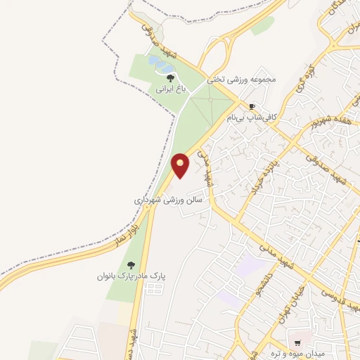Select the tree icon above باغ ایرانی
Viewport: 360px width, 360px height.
coord(171,78)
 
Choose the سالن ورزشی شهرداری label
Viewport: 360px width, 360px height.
coord(169,200)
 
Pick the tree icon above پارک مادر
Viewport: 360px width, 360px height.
coord(131,265)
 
